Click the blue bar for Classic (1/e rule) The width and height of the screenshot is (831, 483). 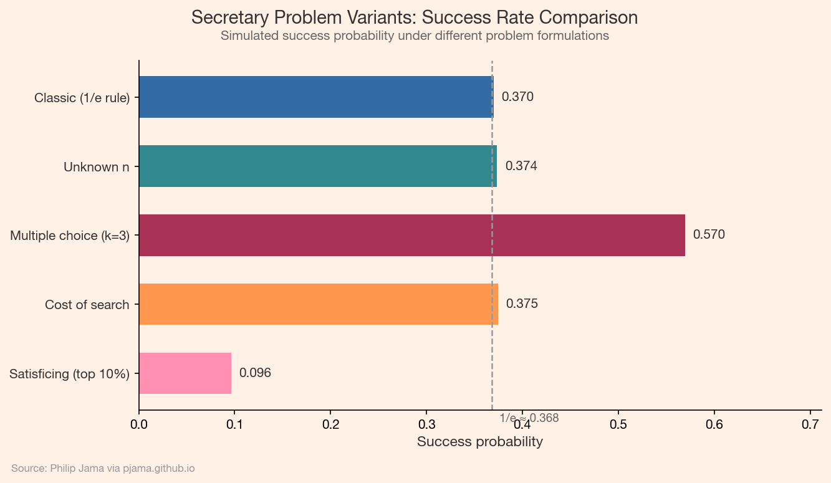(x=315, y=97)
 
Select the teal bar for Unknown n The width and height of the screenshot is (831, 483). (x=317, y=166)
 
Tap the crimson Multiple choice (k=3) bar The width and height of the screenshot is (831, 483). (x=411, y=235)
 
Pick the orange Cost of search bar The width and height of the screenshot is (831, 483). (x=318, y=304)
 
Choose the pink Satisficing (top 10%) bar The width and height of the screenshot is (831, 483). (x=185, y=373)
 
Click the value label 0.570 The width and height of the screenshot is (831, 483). (x=709, y=235)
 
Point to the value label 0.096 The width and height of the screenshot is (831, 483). (x=255, y=373)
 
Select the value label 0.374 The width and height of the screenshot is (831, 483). (x=521, y=166)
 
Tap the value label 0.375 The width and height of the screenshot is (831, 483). (x=522, y=304)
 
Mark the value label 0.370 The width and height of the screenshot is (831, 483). (x=517, y=97)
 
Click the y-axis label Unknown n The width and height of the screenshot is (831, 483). (x=97, y=167)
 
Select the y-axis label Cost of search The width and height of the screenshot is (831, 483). (x=87, y=305)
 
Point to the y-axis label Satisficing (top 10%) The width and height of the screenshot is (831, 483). (x=70, y=375)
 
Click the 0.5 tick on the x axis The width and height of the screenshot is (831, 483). (x=618, y=424)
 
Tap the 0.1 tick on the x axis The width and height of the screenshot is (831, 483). (x=235, y=424)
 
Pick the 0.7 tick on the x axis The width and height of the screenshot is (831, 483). (x=810, y=424)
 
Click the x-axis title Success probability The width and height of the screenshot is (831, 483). (x=479, y=442)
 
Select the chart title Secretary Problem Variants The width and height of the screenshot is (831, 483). (x=415, y=17)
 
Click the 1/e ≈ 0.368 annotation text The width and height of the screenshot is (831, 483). (x=529, y=418)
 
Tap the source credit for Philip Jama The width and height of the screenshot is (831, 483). (x=103, y=468)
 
